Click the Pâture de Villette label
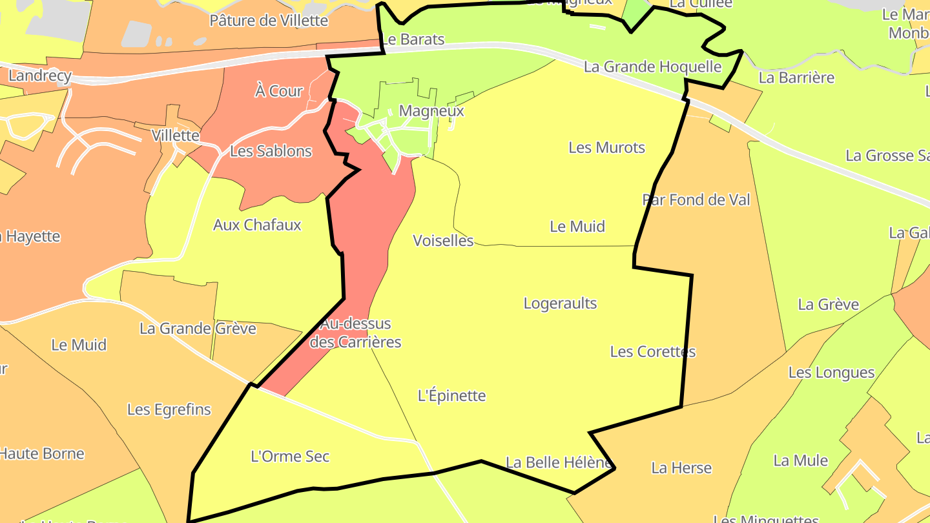click(x=269, y=21)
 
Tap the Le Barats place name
click(x=413, y=39)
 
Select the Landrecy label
click(x=39, y=76)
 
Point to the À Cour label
click(x=278, y=91)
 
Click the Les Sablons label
click(x=271, y=152)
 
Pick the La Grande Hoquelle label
click(x=652, y=67)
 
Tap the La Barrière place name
click(x=796, y=78)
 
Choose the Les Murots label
click(x=606, y=148)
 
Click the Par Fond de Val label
click(x=696, y=200)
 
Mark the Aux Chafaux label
click(x=257, y=225)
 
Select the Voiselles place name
click(x=443, y=241)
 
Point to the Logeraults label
click(x=560, y=303)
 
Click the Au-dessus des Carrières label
click(x=355, y=333)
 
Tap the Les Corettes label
click(x=653, y=352)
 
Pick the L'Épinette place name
click(x=451, y=396)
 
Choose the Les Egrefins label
click(x=169, y=409)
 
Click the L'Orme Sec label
click(x=290, y=457)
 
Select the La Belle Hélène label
click(x=558, y=462)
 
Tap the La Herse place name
click(x=681, y=468)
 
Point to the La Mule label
click(x=800, y=461)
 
